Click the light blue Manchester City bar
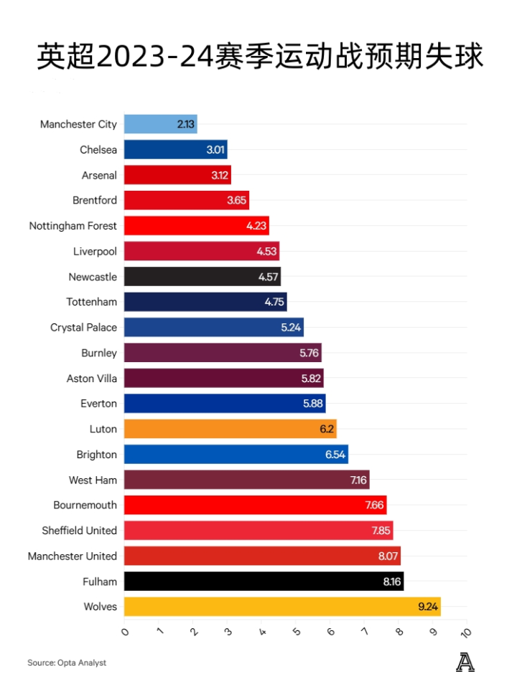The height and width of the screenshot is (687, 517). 160,124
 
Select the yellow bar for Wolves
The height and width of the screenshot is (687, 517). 281,607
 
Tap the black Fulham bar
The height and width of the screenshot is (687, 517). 264,582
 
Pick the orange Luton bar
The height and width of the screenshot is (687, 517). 230,429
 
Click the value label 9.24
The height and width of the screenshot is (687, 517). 428,607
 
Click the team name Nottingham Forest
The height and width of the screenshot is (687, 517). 73,226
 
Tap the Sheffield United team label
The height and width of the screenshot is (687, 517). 79,531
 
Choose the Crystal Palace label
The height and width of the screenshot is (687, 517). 83,328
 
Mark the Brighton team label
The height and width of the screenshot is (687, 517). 96,455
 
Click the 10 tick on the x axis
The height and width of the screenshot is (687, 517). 465,632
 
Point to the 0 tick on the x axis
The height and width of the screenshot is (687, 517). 125,632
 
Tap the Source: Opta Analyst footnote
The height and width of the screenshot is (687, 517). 67,663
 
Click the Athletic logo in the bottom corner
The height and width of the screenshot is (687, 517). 465,663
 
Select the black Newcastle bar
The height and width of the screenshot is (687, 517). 202,277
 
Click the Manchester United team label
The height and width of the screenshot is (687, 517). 72,556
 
